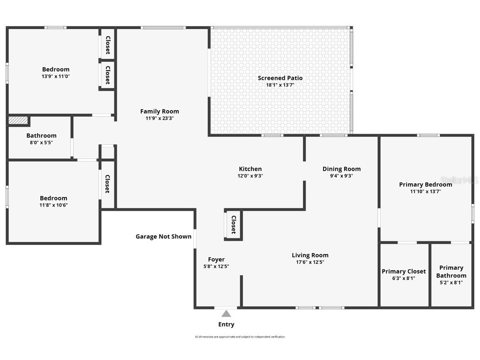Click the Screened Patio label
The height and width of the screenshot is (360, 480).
pyautogui.click(x=280, y=78)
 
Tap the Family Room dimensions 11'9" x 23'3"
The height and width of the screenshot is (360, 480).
pyautogui.click(x=160, y=118)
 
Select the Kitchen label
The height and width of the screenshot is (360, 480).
pyautogui.click(x=250, y=169)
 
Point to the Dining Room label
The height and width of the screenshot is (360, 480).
pyautogui.click(x=342, y=169)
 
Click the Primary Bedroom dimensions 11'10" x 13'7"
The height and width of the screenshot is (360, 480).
pyautogui.click(x=426, y=192)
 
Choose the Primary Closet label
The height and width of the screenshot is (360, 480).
pyautogui.click(x=404, y=271)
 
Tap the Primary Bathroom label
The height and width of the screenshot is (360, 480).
pyautogui.click(x=451, y=271)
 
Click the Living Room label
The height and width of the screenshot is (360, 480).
pyautogui.click(x=310, y=255)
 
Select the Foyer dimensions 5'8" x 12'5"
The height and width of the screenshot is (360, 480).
pyautogui.click(x=216, y=266)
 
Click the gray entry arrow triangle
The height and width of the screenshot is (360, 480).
pyautogui.click(x=226, y=313)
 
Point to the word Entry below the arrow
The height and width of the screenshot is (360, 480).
pyautogui.click(x=226, y=324)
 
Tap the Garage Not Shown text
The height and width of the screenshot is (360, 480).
pyautogui.click(x=163, y=237)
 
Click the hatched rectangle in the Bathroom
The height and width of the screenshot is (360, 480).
pyautogui.click(x=18, y=120)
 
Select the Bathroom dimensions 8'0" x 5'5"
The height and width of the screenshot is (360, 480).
pyautogui.click(x=41, y=143)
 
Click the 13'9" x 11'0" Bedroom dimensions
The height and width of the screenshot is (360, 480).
pyautogui.click(x=56, y=76)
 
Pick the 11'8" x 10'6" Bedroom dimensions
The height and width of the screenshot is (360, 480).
pyautogui.click(x=54, y=205)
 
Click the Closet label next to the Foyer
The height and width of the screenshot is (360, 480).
pyautogui.click(x=234, y=224)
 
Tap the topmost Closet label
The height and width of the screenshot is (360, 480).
pyautogui.click(x=108, y=45)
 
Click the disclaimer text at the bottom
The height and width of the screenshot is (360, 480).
pyautogui.click(x=240, y=337)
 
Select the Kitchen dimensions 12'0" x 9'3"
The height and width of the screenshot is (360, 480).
pyautogui.click(x=250, y=176)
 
